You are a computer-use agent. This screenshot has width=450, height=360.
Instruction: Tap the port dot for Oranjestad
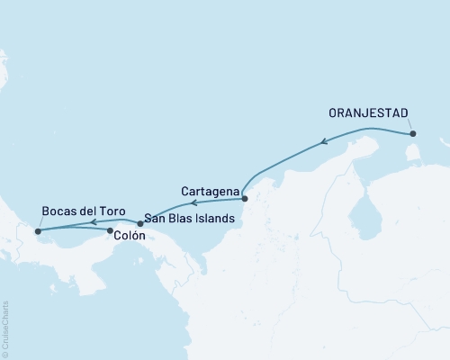point(413,134)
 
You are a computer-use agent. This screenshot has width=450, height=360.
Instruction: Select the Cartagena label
point(210,192)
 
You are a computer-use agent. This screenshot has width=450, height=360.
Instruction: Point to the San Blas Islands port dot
point(139,222)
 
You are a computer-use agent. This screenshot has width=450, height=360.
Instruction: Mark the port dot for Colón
point(110,231)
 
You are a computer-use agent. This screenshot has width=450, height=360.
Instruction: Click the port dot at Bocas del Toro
point(38,231)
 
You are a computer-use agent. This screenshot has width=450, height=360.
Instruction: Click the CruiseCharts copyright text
point(5,328)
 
